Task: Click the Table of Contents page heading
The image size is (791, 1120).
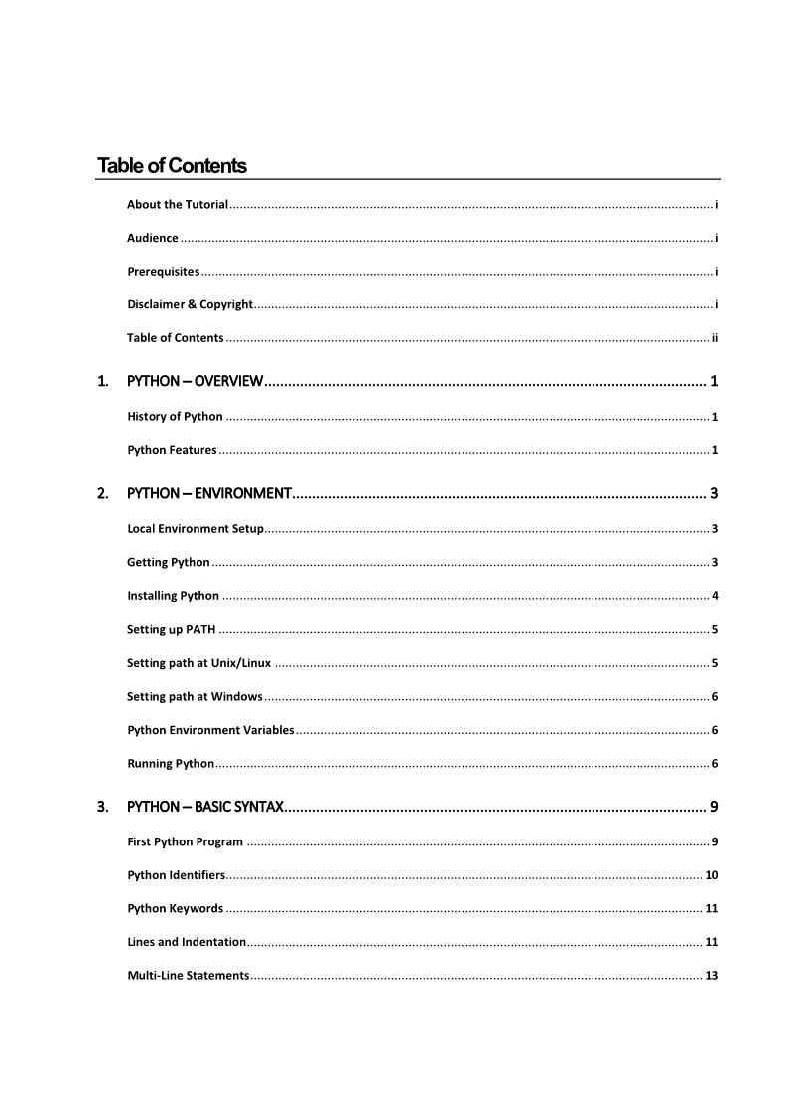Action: click(x=172, y=165)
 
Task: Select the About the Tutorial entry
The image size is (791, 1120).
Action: click(x=178, y=204)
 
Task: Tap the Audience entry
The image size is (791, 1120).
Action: click(x=153, y=238)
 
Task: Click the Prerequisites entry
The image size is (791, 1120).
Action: click(x=164, y=271)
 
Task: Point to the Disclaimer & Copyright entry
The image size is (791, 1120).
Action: click(x=190, y=304)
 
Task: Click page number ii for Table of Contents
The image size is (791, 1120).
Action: click(x=715, y=337)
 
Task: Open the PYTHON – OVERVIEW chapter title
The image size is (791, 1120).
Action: click(x=195, y=381)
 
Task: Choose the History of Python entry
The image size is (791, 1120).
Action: click(x=175, y=416)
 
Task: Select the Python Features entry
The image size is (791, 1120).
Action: click(x=172, y=450)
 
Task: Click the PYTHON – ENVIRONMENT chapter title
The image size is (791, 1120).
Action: click(x=208, y=493)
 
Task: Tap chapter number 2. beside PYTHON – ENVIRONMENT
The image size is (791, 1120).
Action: click(x=102, y=493)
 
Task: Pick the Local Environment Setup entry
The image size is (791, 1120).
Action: click(x=196, y=528)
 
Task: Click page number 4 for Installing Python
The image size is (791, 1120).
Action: click(x=715, y=596)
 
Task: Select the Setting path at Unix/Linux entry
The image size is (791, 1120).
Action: click(x=198, y=663)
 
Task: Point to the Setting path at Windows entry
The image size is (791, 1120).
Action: click(x=195, y=696)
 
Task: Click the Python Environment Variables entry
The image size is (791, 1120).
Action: click(x=210, y=730)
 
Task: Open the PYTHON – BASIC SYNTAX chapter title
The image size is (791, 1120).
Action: click(x=205, y=806)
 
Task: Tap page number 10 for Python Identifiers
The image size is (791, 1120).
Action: click(x=712, y=875)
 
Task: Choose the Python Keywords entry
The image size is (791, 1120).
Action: click(x=175, y=908)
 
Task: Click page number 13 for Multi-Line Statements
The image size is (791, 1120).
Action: click(x=712, y=975)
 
